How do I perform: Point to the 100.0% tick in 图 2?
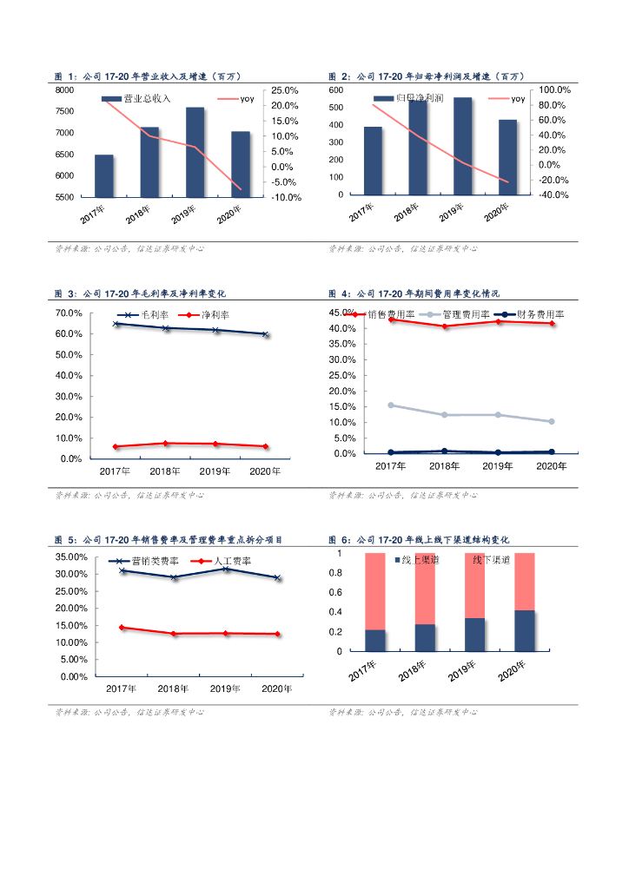(554, 90)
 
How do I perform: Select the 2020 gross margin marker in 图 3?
(265, 334)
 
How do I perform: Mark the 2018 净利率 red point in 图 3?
(165, 443)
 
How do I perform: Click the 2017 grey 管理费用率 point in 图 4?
(391, 405)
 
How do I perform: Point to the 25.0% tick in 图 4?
(341, 375)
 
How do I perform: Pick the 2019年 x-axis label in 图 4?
(498, 467)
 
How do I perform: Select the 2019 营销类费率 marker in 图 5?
(226, 569)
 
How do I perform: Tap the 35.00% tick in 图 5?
(75, 557)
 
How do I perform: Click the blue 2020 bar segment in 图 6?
(524, 630)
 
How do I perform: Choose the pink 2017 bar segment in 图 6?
(375, 590)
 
